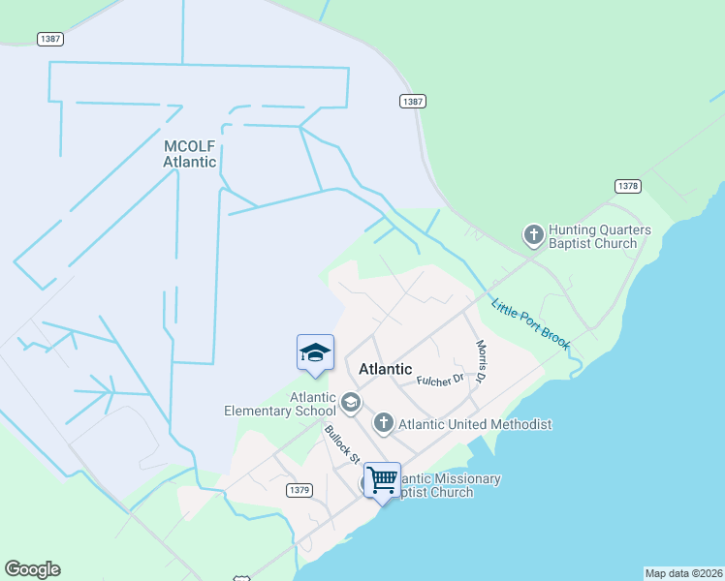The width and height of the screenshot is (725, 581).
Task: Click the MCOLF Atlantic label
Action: tap(189, 154)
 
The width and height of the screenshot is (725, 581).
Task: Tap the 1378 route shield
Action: tap(627, 185)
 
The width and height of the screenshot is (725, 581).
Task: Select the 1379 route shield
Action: tap(299, 491)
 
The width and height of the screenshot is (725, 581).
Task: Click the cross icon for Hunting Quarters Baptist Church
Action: tap(533, 234)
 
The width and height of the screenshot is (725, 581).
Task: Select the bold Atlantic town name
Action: tap(386, 369)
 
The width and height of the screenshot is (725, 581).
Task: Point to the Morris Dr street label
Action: tap(480, 359)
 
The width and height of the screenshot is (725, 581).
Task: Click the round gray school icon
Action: tap(349, 401)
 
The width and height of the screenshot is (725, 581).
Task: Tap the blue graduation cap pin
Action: tap(315, 353)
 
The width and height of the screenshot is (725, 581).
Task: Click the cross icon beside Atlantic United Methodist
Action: tap(384, 422)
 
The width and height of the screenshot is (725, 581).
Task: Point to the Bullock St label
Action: tap(342, 443)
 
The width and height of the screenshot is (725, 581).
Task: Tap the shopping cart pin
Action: tap(382, 479)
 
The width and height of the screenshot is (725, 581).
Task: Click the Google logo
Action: tap(33, 569)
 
